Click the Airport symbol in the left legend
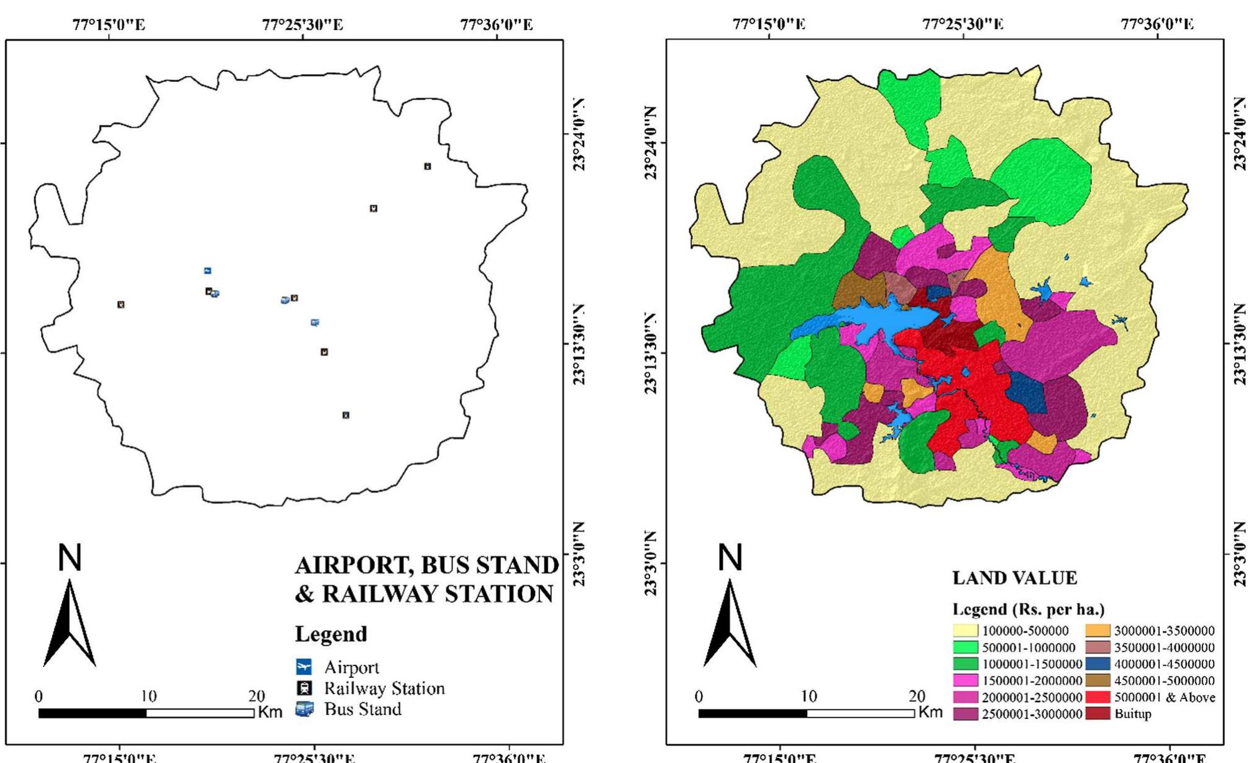[x=304, y=667]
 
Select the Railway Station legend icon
[x=304, y=688]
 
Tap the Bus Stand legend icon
[x=304, y=709]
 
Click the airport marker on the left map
[x=208, y=270]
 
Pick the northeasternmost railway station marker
[x=428, y=166]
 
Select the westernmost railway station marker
[x=121, y=304]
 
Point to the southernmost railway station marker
[x=346, y=415]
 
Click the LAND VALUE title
[x=1014, y=578]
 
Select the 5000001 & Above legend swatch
[x=1098, y=697]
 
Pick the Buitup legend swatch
[x=1098, y=714]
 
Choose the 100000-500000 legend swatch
[x=965, y=631]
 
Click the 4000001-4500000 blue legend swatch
[x=1098, y=664]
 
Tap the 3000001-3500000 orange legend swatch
[x=1098, y=631]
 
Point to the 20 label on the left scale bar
[x=256, y=696]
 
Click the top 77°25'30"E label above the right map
[x=962, y=24]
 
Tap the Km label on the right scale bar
[x=930, y=712]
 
